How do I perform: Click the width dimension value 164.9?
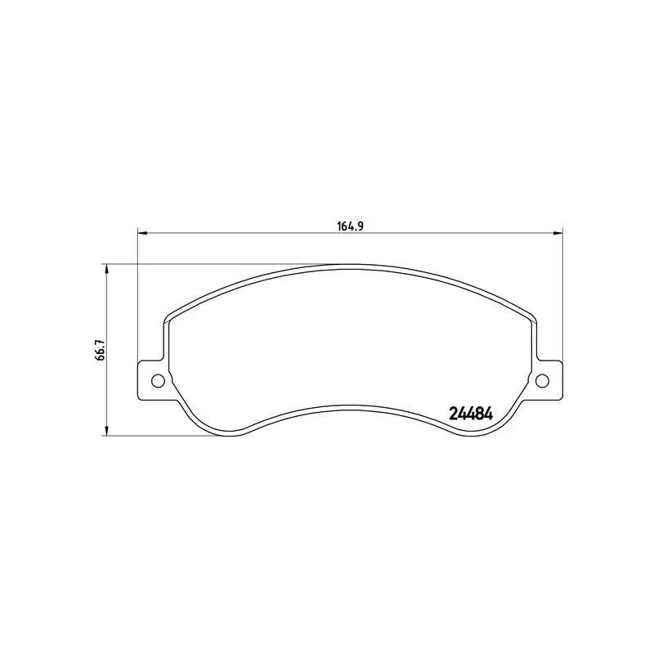tap(350, 226)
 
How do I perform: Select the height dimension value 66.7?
tap(100, 350)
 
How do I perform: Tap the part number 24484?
tap(470, 414)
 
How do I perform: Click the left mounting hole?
tap(159, 380)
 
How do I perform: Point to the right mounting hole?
tap(541, 380)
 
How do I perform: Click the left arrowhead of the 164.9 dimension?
tap(141, 233)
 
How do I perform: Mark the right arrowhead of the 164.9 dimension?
tap(558, 233)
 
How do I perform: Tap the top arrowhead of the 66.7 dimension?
tap(106, 268)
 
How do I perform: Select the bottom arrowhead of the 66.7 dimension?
tap(106, 431)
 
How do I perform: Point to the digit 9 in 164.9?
tap(359, 226)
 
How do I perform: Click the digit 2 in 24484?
tap(453, 414)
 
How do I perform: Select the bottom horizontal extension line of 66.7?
tap(163, 435)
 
